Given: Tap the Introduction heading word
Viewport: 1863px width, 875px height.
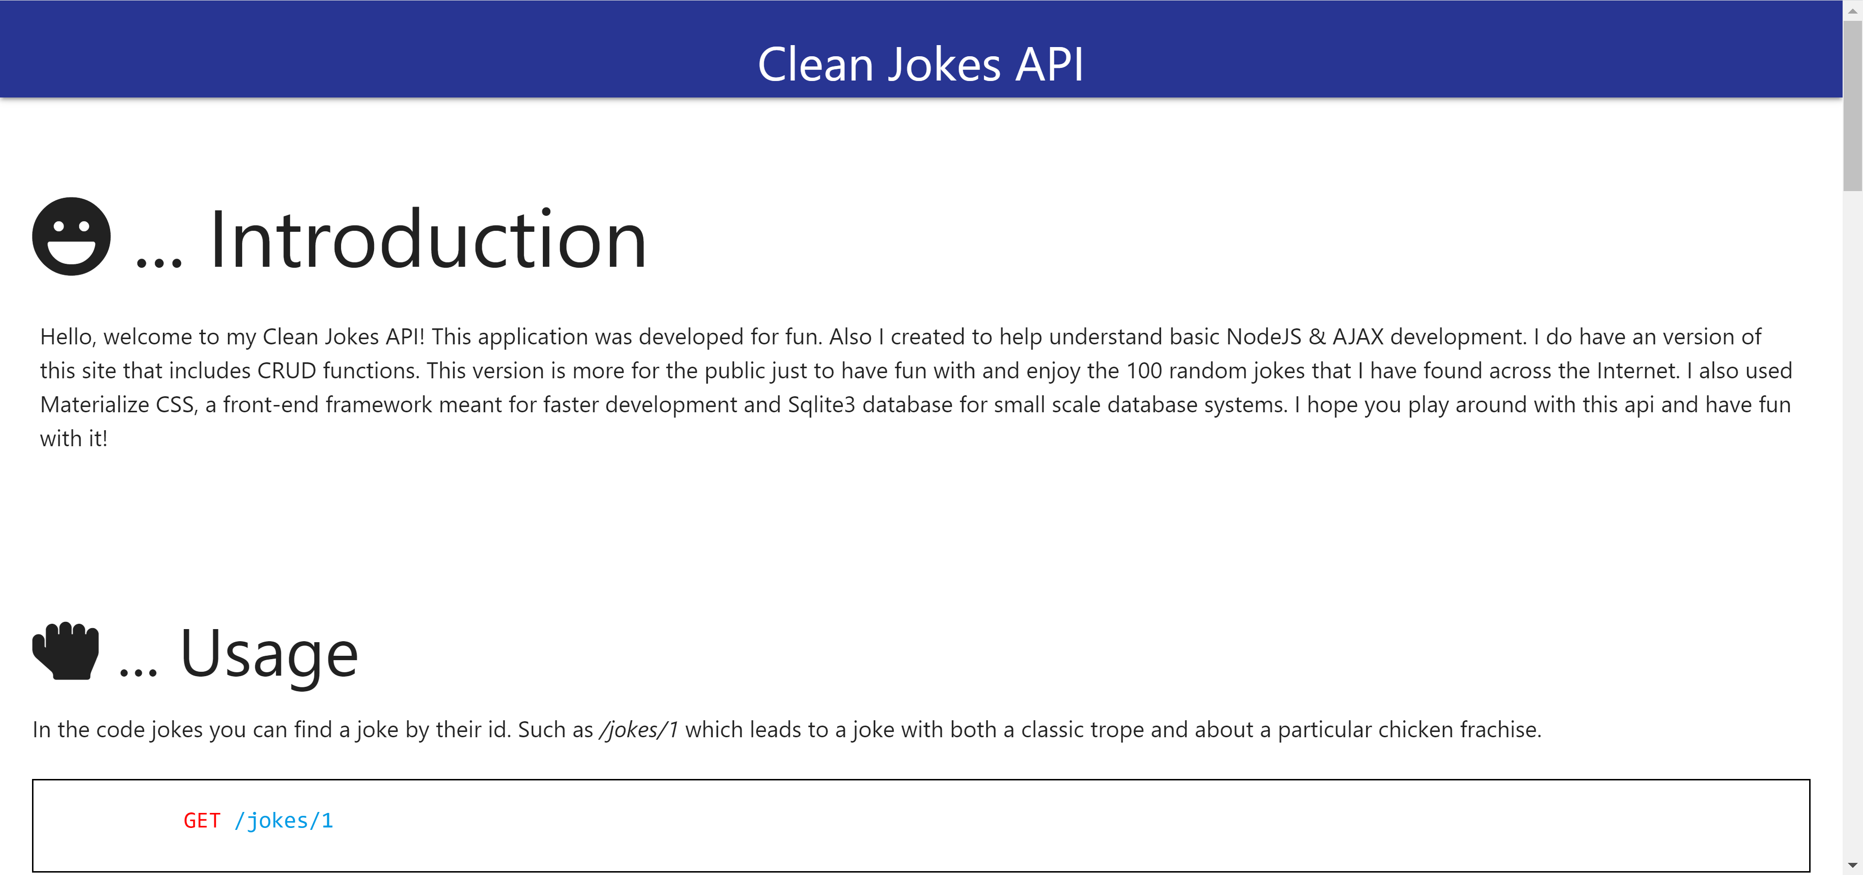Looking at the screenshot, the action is pyautogui.click(x=427, y=239).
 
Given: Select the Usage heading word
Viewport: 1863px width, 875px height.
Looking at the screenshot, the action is pyautogui.click(x=269, y=654).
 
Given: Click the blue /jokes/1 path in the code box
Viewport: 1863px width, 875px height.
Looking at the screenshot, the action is pyautogui.click(x=283, y=821).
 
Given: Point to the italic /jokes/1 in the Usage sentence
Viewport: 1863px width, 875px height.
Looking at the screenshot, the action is pyautogui.click(x=638, y=729).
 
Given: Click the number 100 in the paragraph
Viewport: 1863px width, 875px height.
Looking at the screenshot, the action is pyautogui.click(x=1144, y=371).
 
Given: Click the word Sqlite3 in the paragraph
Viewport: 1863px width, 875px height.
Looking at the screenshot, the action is pyautogui.click(x=821, y=405).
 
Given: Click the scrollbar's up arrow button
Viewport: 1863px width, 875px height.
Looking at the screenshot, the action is pyautogui.click(x=1853, y=10).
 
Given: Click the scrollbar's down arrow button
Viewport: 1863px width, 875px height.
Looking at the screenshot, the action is pyautogui.click(x=1853, y=865).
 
